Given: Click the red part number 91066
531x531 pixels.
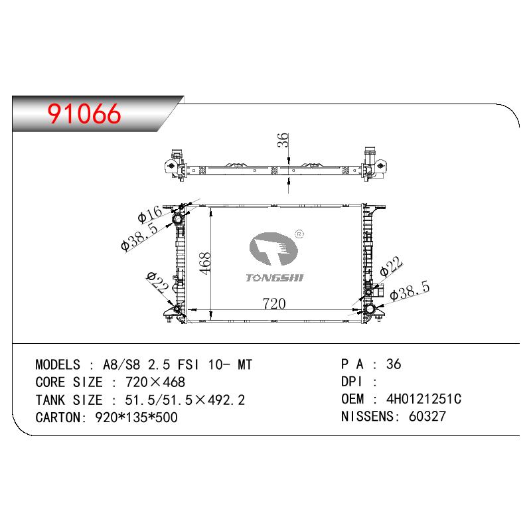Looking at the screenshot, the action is (x=84, y=114).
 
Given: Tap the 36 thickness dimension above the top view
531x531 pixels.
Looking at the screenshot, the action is (x=283, y=140).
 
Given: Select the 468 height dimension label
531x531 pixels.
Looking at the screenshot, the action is (x=205, y=263).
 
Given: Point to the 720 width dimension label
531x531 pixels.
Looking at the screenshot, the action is (x=274, y=303).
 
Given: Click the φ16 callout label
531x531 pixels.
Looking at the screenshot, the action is (x=150, y=214).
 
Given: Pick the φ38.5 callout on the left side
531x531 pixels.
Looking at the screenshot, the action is (x=139, y=237).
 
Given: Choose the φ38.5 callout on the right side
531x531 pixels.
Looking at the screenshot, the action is (x=410, y=291).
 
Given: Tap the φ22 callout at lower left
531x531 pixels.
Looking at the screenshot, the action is (x=157, y=283).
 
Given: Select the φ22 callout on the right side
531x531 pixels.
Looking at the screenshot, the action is (x=391, y=266).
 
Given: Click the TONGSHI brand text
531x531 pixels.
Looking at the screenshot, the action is (x=275, y=278).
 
